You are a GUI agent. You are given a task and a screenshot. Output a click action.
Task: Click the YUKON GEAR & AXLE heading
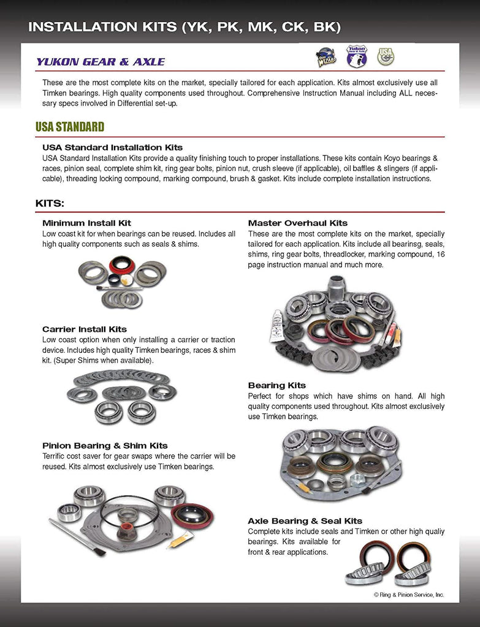pyautogui.click(x=100, y=62)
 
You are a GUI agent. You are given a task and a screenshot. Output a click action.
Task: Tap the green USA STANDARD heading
pyautogui.click(x=70, y=127)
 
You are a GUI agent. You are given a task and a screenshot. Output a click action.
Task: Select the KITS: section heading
pyautogui.click(x=50, y=203)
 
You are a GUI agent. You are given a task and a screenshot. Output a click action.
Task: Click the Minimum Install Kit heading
pyautogui.click(x=86, y=223)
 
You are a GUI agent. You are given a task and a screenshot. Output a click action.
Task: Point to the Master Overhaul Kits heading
pyautogui.click(x=297, y=223)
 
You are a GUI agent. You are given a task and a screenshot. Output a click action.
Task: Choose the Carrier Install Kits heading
pyautogui.click(x=85, y=329)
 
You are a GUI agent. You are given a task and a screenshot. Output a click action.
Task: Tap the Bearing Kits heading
pyautogui.click(x=276, y=385)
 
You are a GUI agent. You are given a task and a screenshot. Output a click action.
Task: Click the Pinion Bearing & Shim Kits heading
pyautogui.click(x=105, y=445)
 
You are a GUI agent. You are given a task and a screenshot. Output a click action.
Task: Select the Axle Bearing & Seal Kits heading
pyautogui.click(x=305, y=520)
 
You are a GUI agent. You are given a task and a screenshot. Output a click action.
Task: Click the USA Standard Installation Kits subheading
pyautogui.click(x=112, y=148)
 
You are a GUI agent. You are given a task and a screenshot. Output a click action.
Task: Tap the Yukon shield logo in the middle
pyautogui.click(x=356, y=56)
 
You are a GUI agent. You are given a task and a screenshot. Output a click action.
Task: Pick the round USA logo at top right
pyautogui.click(x=386, y=56)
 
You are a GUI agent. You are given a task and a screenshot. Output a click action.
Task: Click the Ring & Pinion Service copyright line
pyautogui.click(x=409, y=595)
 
